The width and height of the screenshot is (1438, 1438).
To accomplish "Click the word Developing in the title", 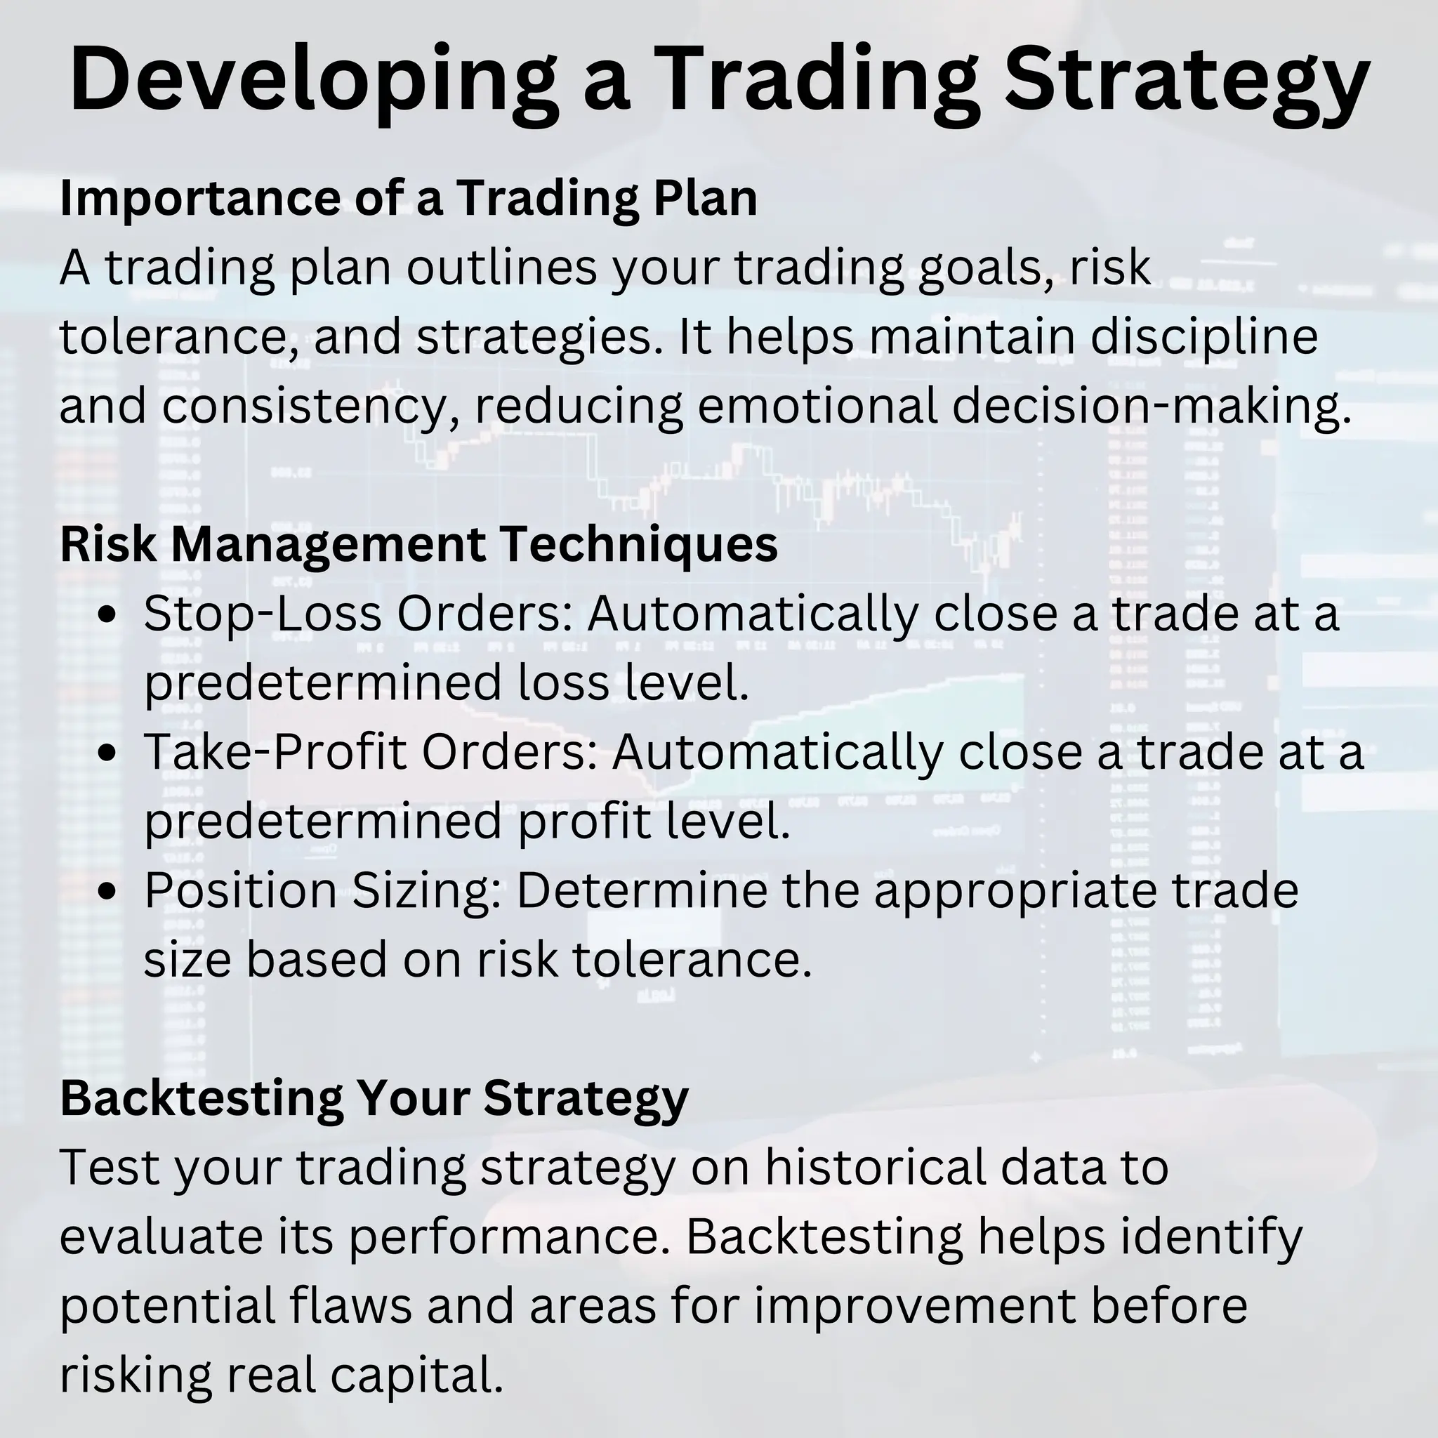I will point(312,80).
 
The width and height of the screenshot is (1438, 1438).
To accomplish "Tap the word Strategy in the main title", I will point(1187,80).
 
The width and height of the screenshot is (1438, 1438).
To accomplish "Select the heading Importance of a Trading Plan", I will point(408,198).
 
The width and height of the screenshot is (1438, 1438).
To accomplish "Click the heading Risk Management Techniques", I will point(418,544).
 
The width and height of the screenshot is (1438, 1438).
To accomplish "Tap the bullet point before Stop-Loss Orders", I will point(108,616).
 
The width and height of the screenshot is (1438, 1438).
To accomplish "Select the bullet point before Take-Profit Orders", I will point(108,753).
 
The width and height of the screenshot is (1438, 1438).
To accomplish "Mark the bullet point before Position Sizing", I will point(108,891).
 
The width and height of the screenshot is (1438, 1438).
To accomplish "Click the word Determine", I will point(641,890).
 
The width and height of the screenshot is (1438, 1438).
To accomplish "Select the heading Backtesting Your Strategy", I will point(374,1098).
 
